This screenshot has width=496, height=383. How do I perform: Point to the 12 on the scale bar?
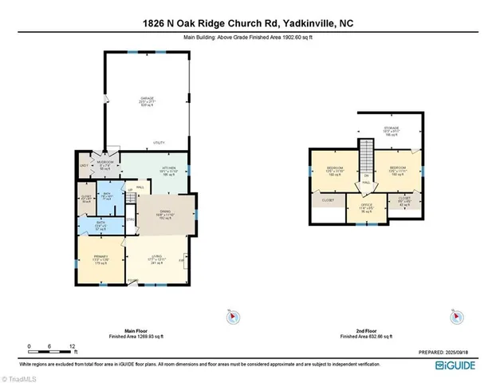coord(73,346)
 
